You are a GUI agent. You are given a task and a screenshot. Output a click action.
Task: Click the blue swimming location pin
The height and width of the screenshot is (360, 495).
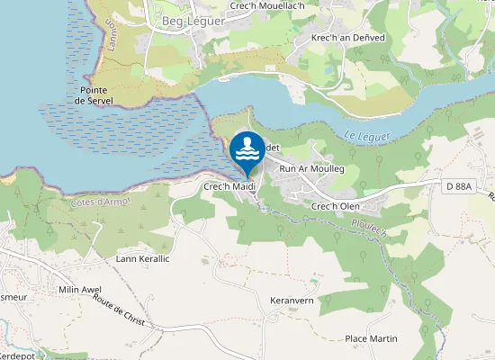[x=247, y=151]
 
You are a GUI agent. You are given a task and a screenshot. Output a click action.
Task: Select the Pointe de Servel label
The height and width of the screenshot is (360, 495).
[x=94, y=95]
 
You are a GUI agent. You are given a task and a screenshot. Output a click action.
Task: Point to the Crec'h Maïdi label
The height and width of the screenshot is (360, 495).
[x=231, y=186]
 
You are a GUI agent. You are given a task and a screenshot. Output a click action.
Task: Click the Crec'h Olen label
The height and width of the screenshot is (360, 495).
[x=336, y=206]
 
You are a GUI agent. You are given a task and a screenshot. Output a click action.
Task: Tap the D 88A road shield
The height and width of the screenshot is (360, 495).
[x=462, y=186]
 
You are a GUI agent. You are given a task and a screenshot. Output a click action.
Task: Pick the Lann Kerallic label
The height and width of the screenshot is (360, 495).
[x=143, y=258]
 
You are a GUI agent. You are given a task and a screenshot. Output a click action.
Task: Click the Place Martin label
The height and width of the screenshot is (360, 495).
[x=372, y=338]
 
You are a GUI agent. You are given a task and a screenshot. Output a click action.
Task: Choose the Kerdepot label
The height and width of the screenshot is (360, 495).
[x=19, y=354]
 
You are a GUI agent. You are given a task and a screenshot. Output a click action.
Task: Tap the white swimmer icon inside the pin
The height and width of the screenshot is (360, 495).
[x=247, y=146]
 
